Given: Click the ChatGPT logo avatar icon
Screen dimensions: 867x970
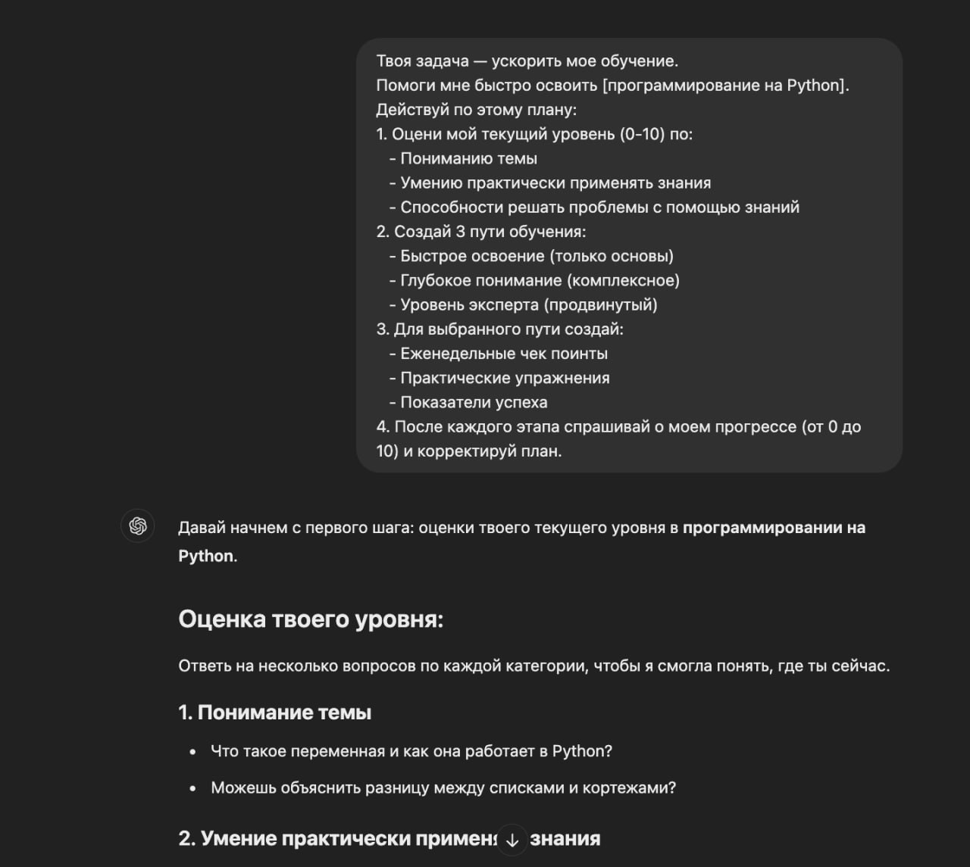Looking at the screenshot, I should (137, 526).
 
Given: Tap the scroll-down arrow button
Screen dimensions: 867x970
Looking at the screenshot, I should (512, 839).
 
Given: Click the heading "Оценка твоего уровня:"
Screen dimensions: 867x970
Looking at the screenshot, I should (311, 619).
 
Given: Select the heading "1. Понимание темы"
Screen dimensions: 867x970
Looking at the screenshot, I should (274, 713).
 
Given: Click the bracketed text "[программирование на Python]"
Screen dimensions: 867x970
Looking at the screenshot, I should (725, 86).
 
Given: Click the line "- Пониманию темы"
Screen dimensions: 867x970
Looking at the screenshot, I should (463, 159).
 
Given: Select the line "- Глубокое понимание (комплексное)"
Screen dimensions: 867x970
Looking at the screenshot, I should (534, 281).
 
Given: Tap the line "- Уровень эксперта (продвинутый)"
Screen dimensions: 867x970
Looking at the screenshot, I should (523, 305).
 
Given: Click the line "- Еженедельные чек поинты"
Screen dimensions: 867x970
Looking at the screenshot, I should (499, 354).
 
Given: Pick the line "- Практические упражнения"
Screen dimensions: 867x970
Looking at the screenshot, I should (499, 378).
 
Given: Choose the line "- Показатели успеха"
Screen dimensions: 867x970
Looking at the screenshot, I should (468, 402).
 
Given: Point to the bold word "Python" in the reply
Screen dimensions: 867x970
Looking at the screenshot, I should (205, 556).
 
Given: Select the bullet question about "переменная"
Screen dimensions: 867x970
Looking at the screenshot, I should (411, 751).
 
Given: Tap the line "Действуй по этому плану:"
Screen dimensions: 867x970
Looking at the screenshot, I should (476, 110).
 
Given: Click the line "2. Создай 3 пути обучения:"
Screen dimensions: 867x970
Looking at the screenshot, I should (480, 232).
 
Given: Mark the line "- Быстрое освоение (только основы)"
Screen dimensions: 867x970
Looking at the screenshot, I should (531, 256).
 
